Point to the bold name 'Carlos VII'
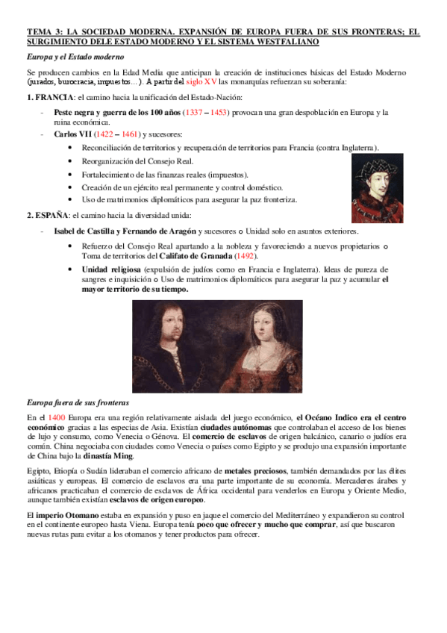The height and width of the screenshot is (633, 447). tap(73, 134)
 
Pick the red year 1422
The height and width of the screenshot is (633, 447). tap(116, 134)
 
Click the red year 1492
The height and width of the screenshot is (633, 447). tap(244, 257)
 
